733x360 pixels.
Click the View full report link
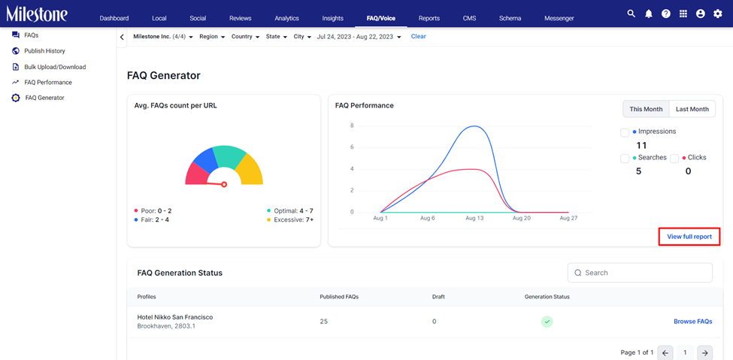[x=689, y=237]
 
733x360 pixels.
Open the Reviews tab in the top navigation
[x=241, y=18]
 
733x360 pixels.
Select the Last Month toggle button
[x=692, y=109]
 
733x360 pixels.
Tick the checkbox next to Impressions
[x=625, y=133]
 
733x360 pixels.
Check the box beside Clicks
[x=674, y=159]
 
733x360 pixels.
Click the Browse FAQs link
[x=693, y=321]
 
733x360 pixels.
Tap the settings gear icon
[x=717, y=14]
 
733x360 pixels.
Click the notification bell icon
[x=648, y=14]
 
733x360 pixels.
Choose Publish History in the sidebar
[x=45, y=51]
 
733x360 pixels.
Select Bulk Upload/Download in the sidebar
[x=55, y=67]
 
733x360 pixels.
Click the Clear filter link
[x=419, y=36]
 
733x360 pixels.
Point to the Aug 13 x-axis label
[x=474, y=219]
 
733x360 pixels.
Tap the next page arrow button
[x=706, y=352]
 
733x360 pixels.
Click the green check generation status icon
[x=547, y=322]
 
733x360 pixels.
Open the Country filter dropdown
[x=245, y=37]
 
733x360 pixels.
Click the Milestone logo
[x=37, y=14]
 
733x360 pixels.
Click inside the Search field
[x=640, y=273]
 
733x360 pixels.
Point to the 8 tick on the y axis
[x=352, y=126]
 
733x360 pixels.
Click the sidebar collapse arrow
[x=122, y=38]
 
